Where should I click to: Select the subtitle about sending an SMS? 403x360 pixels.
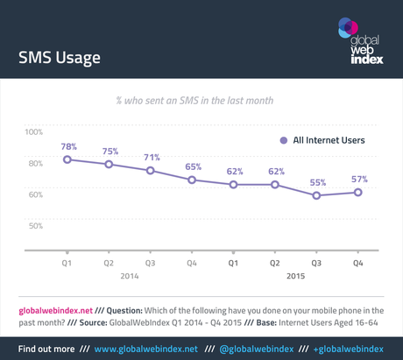201,101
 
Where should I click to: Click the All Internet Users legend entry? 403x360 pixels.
322,140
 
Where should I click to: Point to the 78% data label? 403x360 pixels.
67,145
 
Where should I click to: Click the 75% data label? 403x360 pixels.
110,151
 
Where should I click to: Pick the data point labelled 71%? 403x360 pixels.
151,170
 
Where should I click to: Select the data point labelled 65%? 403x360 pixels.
193,180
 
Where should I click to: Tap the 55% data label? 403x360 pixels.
317,182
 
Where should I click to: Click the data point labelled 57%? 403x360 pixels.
358,192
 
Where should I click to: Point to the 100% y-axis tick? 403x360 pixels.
33,132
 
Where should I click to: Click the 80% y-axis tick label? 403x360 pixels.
35,164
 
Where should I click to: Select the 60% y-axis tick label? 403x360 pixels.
35,194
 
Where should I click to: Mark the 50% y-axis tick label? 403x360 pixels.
35,226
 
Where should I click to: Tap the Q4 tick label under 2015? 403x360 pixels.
358,262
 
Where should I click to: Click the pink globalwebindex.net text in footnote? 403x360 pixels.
49,310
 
